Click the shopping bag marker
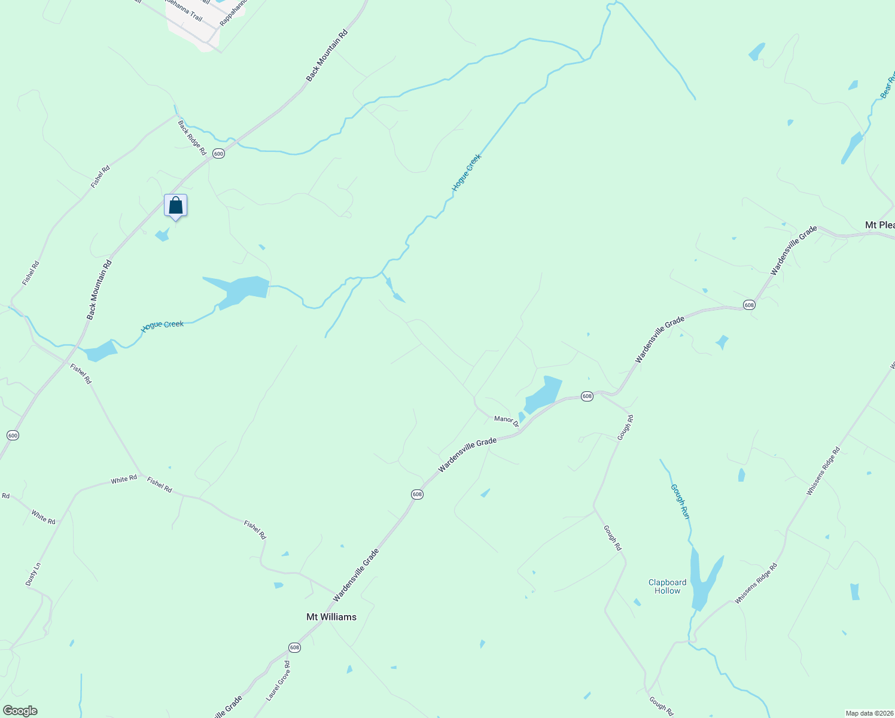pos(175,206)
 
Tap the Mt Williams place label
pos(331,617)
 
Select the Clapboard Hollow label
pos(667,586)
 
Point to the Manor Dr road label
pos(507,421)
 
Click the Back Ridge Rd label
pos(192,138)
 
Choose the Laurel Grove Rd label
pos(278,681)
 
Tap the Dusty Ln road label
pos(33,574)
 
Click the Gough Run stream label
pos(680,501)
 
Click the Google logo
pos(20,711)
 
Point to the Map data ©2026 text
pos(869,713)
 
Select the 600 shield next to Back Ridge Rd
pos(218,154)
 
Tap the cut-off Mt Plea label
pos(879,225)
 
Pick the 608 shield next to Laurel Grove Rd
pos(294,647)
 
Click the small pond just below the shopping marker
pos(162,235)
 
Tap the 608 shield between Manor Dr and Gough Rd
pos(587,396)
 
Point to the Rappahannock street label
pos(233,12)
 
